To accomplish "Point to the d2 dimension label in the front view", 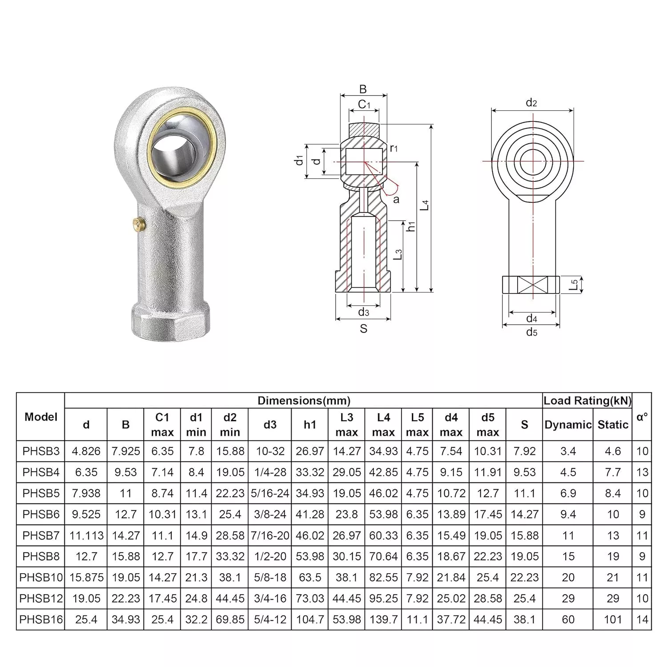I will [531, 103].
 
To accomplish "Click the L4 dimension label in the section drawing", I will [426, 205].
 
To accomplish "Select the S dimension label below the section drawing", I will [364, 329].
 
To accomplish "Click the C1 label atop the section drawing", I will [364, 104].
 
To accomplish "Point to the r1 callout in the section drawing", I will [394, 148].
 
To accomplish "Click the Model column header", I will [41, 417].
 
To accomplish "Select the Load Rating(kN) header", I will [587, 401].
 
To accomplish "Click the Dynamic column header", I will [568, 425].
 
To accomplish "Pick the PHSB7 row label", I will [41, 535].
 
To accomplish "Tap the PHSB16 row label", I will [41, 619].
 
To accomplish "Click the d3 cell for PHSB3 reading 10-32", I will [270, 451].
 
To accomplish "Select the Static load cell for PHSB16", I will [613, 619].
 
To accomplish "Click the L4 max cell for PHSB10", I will [383, 577].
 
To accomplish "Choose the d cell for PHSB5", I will [86, 493].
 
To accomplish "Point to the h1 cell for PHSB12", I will [310, 599].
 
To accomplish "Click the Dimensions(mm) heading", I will [304, 401].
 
